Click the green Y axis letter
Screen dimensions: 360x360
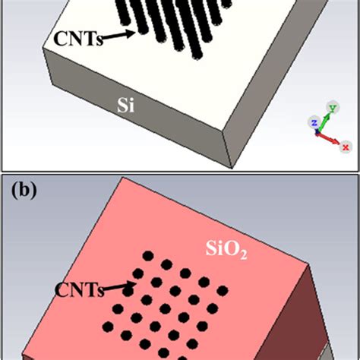[x=330, y=108]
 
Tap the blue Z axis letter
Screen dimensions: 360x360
[x=313, y=122]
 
